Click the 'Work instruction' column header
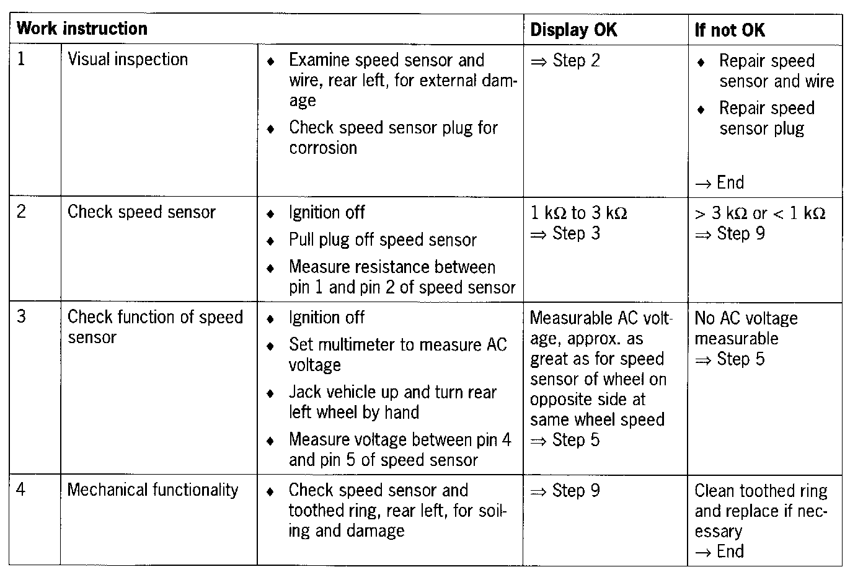point(82,29)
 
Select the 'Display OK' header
point(573,30)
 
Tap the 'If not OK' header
point(730,30)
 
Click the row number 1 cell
point(22,60)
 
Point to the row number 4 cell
point(22,490)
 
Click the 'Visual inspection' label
point(128,60)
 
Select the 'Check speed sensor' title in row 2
point(141,212)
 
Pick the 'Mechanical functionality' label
point(153,490)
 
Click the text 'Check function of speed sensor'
point(154,327)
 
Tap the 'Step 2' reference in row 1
point(575,61)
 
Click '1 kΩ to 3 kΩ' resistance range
point(578,213)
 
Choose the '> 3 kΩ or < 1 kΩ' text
point(760,213)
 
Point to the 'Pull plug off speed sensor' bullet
point(383,240)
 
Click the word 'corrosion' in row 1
point(323,148)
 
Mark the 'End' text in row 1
point(730,182)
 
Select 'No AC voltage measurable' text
point(746,328)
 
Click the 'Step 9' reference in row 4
point(575,491)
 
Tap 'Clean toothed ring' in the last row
point(761,491)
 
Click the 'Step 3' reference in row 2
point(575,233)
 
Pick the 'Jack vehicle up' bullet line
point(392,392)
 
